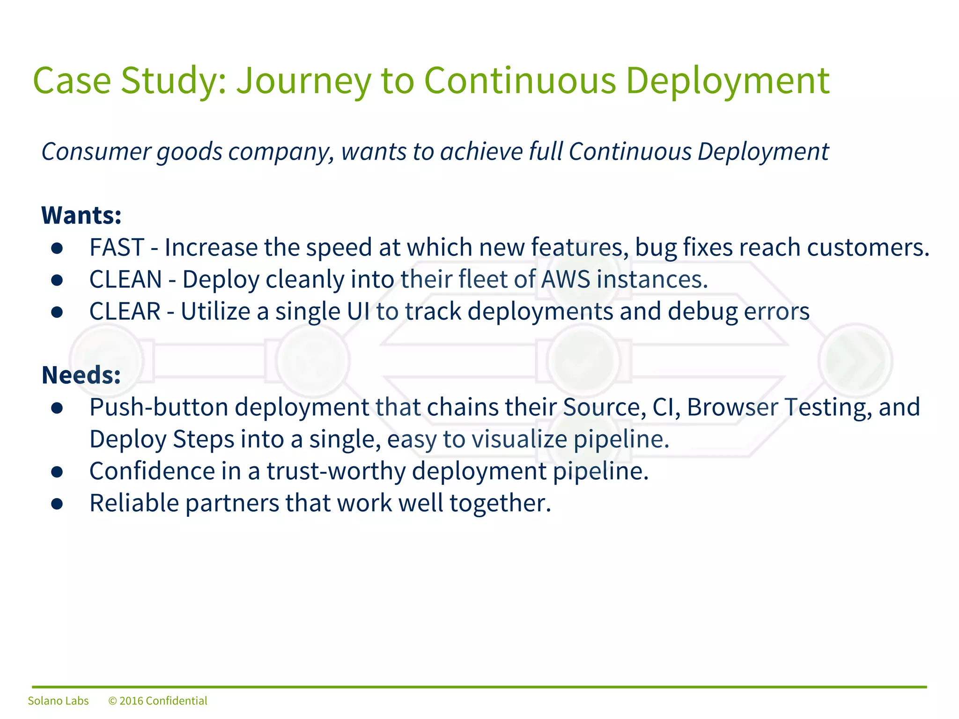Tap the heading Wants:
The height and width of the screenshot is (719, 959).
click(81, 215)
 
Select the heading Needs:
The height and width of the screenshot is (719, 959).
click(81, 375)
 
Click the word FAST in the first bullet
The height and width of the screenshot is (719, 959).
click(117, 247)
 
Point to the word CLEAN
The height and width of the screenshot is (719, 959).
click(125, 279)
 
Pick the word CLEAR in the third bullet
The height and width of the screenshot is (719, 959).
click(125, 311)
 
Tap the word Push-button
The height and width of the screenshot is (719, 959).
click(158, 407)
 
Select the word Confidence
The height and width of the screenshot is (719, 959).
click(152, 471)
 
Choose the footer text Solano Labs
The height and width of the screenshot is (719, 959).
click(58, 701)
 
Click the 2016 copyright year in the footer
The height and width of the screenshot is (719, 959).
click(131, 701)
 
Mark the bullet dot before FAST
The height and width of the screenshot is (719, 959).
click(57, 249)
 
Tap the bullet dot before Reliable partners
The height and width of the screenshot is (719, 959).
click(57, 504)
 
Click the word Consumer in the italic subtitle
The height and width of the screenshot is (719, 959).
click(96, 152)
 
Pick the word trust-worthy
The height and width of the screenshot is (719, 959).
click(335, 471)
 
